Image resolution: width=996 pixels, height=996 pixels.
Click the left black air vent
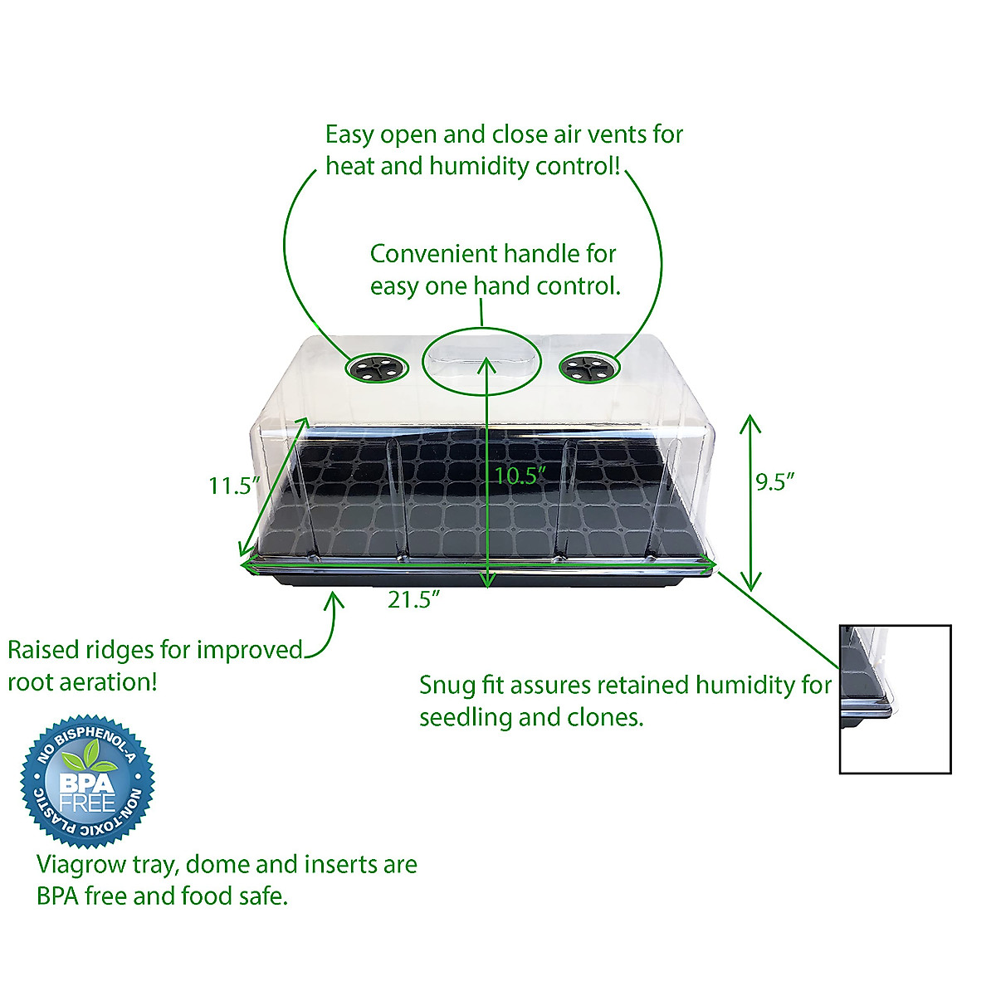(x=377, y=368)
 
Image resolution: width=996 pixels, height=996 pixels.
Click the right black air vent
(x=588, y=367)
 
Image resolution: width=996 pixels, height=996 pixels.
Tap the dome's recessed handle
(x=482, y=362)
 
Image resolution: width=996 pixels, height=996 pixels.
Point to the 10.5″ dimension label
(x=520, y=476)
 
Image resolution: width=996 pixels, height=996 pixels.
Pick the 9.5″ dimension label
(x=775, y=481)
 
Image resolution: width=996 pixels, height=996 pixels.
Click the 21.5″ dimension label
(x=413, y=599)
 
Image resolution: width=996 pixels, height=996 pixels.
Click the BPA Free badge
(x=88, y=781)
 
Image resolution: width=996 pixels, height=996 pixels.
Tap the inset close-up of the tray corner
(x=895, y=699)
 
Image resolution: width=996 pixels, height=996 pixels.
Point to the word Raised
(x=41, y=650)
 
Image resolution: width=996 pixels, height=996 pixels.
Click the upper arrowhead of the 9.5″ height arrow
(x=750, y=420)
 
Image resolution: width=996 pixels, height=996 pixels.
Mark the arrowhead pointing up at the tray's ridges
(x=334, y=598)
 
